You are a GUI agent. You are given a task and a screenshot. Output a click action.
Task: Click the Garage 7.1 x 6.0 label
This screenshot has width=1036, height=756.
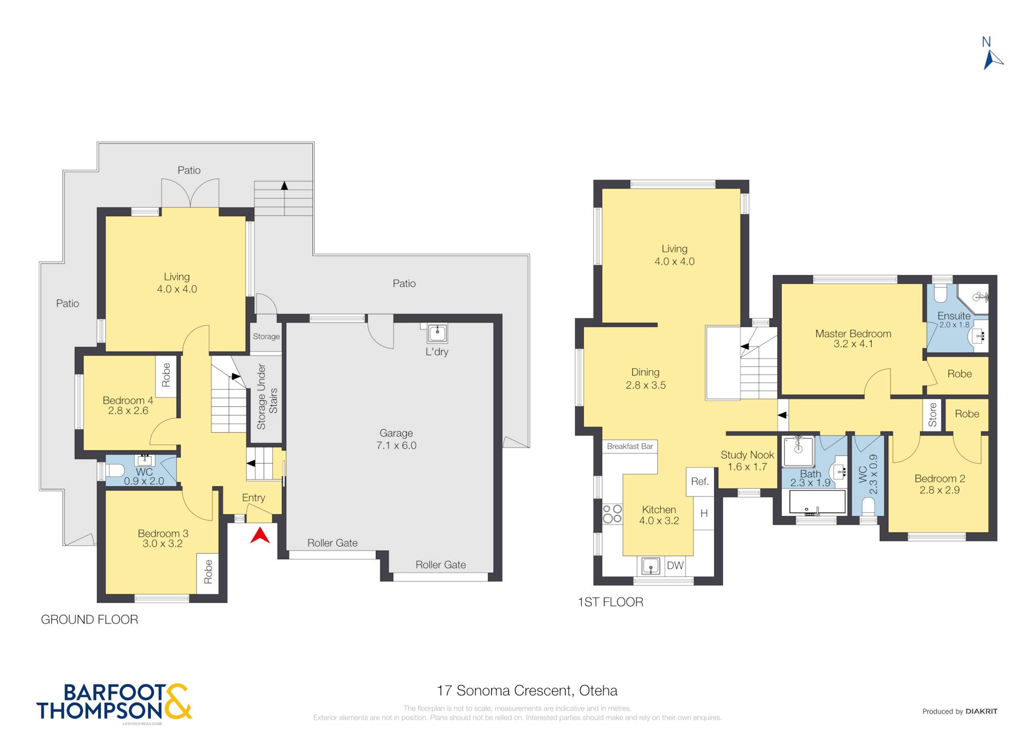tap(396, 439)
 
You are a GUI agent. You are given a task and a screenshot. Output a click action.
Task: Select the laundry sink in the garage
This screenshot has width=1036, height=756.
tap(437, 333)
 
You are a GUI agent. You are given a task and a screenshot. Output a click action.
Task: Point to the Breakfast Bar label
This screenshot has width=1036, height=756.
tap(630, 446)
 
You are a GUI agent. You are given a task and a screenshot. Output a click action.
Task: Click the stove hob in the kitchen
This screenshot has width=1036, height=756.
tap(612, 513)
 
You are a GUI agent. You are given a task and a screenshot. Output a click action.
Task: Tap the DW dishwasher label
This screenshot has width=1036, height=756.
tap(675, 566)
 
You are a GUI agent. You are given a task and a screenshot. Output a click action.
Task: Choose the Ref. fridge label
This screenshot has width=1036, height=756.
tap(700, 481)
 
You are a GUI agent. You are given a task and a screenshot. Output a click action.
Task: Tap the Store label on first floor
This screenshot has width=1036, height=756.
tap(932, 415)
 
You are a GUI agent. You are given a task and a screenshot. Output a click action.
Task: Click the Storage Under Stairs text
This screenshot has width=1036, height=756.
tap(267, 397)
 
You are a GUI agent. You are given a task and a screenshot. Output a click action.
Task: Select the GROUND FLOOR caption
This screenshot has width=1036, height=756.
tap(90, 619)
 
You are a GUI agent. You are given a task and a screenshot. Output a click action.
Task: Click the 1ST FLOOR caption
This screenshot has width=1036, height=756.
tap(611, 602)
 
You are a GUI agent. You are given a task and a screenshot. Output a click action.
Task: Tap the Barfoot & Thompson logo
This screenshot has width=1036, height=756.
tap(114, 702)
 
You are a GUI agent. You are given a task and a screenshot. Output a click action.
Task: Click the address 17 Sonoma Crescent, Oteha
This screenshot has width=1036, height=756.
tap(527, 691)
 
